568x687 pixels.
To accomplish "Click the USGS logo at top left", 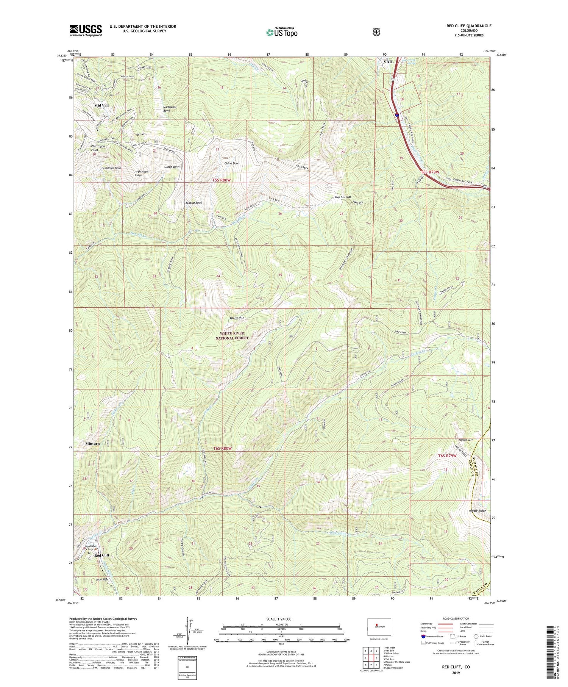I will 86,30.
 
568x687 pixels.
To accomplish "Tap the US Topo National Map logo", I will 282,32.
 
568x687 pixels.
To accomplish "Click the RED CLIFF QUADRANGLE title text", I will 469,26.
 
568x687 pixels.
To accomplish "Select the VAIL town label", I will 389,61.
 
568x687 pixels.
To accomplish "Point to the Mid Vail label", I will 101,105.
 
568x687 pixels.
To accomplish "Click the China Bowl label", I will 231,163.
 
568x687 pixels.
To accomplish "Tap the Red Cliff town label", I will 102,555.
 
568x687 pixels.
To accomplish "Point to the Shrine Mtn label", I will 466,440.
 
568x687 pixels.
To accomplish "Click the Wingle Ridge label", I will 477,511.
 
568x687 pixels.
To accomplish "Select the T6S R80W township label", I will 222,448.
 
